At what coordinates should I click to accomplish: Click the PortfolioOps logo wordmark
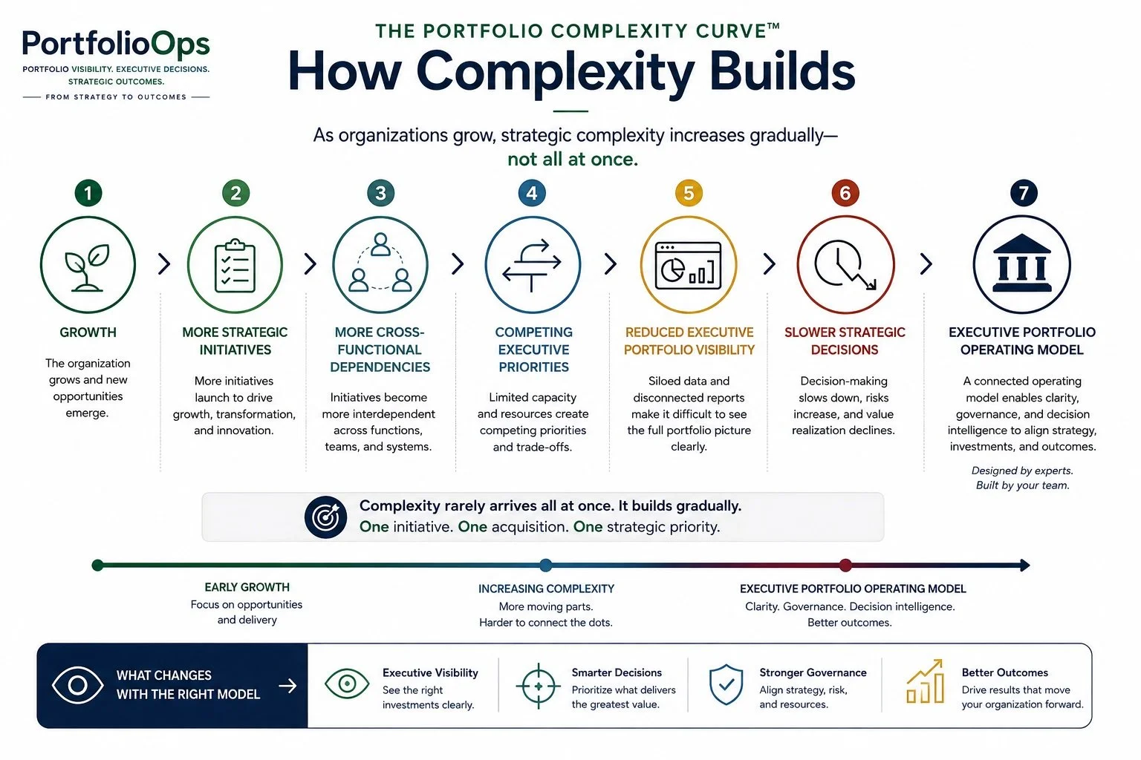tap(116, 44)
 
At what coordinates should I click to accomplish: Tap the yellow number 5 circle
tap(689, 193)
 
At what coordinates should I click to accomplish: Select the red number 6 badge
tap(845, 193)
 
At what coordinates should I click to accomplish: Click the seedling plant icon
tap(88, 268)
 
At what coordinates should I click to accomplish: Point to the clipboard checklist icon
tap(235, 266)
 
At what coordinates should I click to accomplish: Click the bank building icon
tap(1022, 263)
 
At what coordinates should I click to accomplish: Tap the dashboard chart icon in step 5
tap(688, 265)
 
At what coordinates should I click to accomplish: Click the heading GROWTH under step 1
tap(88, 332)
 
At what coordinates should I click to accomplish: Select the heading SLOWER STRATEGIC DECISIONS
tap(845, 341)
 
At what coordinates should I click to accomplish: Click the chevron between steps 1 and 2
tap(164, 263)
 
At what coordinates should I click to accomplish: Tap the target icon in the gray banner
tap(325, 517)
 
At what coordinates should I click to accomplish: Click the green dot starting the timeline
tap(97, 565)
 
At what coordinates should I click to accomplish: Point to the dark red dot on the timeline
tap(845, 565)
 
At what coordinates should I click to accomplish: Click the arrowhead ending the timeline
tap(1025, 565)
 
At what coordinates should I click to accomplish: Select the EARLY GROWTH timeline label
tap(247, 587)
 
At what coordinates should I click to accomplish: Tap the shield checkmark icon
tap(726, 684)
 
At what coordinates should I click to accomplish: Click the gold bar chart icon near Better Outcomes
tap(925, 681)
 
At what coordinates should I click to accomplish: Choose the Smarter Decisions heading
tap(617, 672)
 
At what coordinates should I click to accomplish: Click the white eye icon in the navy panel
tap(77, 685)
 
